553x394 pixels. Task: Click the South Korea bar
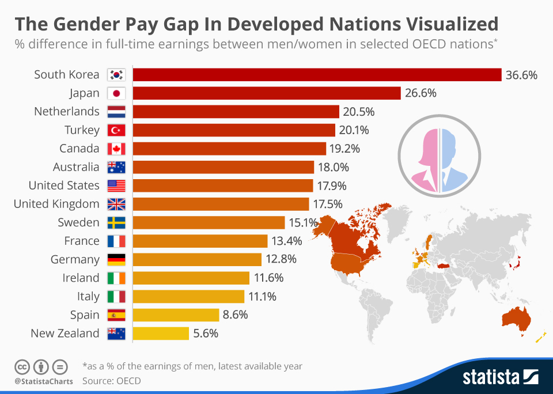point(317,75)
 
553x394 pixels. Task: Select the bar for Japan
point(267,93)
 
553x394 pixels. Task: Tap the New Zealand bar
point(161,334)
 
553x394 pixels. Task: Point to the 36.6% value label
point(521,75)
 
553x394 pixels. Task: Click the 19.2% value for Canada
point(344,149)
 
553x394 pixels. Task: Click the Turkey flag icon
point(116,130)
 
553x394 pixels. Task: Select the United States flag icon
point(116,185)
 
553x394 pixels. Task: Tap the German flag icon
point(116,260)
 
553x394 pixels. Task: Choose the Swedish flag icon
point(116,222)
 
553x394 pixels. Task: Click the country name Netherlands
point(67,111)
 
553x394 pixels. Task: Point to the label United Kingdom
point(56,204)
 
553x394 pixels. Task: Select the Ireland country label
point(81,278)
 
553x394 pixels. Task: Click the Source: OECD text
point(112,380)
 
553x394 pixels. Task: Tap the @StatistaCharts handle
point(43,381)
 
